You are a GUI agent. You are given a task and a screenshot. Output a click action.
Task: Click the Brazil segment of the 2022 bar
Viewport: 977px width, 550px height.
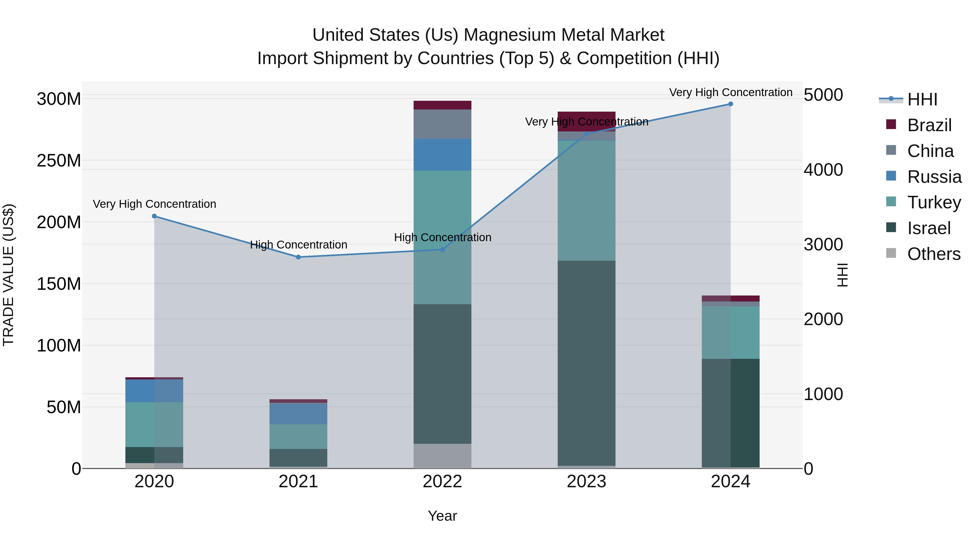point(442,105)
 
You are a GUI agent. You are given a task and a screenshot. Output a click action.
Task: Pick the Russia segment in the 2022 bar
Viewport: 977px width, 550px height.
point(442,155)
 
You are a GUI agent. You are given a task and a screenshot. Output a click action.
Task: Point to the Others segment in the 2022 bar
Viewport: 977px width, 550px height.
point(442,455)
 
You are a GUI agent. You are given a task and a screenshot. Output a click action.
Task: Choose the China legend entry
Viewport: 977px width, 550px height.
point(930,151)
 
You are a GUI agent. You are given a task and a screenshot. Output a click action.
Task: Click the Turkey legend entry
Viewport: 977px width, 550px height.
point(934,202)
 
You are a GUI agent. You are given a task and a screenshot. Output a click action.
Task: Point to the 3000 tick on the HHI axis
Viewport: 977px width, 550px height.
point(823,244)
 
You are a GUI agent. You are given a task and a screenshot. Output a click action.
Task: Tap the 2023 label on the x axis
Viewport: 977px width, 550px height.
point(586,482)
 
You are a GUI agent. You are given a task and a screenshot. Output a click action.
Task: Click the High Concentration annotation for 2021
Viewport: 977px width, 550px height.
point(299,245)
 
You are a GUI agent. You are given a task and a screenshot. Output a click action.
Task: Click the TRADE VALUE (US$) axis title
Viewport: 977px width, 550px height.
point(8,275)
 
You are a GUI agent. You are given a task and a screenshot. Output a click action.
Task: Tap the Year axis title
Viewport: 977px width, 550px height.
point(442,516)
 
